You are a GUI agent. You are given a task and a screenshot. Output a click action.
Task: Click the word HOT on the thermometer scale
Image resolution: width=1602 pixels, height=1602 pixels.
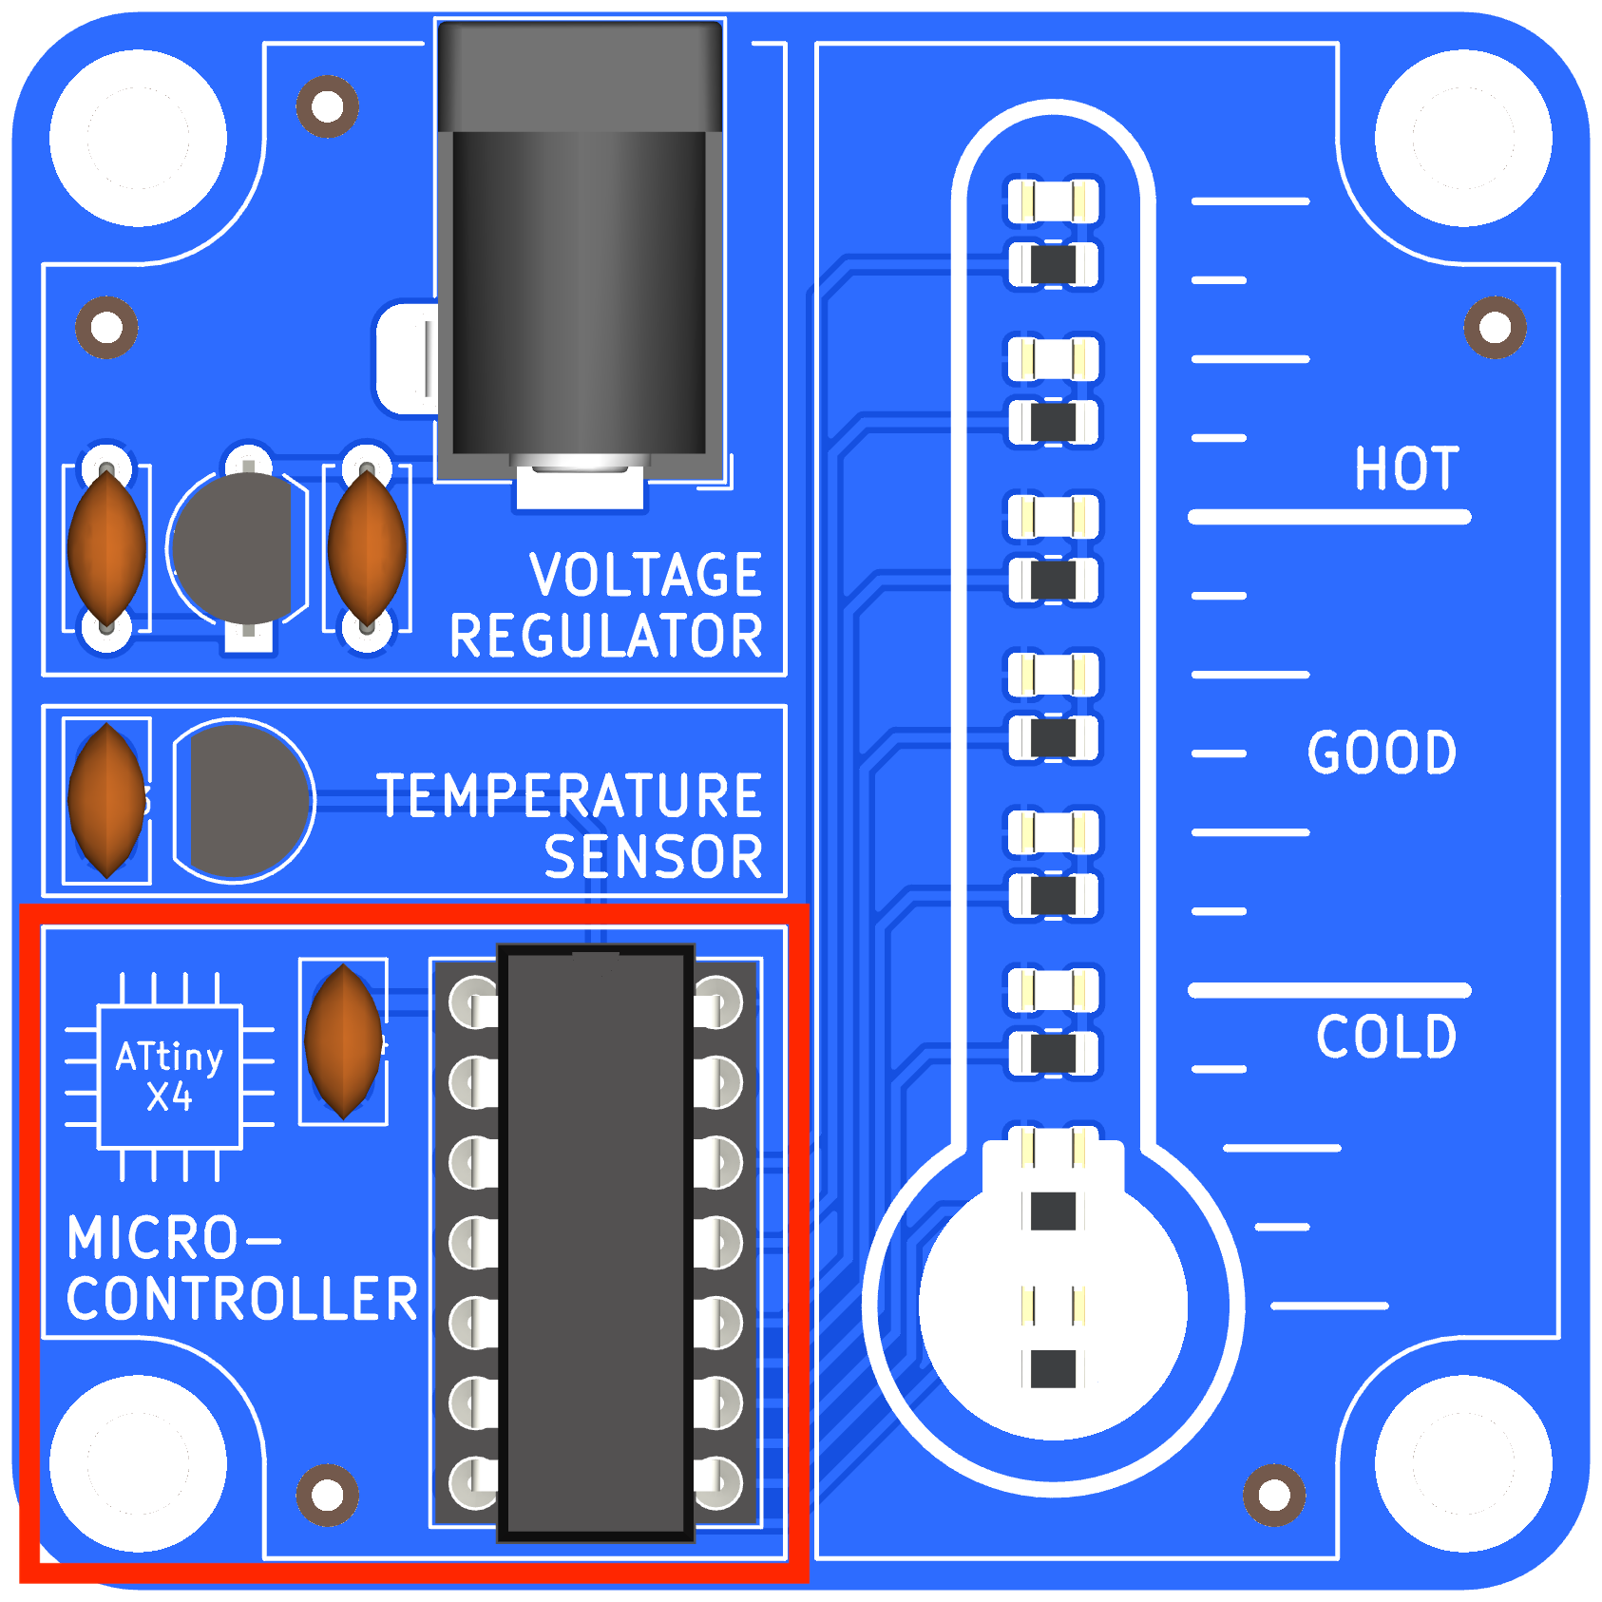tap(1405, 468)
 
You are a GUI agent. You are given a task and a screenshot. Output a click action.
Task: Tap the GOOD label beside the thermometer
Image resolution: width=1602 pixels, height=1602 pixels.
tap(1382, 753)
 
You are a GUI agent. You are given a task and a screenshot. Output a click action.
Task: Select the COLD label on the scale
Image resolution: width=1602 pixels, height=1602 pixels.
tap(1385, 1036)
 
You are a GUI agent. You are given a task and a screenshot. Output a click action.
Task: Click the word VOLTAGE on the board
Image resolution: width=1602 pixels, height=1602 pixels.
tap(645, 575)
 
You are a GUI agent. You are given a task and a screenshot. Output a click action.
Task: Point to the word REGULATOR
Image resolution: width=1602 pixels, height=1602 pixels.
tap(606, 636)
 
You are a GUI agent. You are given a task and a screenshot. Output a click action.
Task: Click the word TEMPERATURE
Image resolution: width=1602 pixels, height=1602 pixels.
tap(569, 795)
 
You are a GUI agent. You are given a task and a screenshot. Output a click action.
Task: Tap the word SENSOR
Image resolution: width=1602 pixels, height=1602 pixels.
tap(653, 857)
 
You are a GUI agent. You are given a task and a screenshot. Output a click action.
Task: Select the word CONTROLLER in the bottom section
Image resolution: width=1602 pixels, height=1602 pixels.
tap(242, 1299)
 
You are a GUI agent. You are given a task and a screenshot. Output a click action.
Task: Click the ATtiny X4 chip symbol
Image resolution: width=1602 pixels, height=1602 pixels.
tap(170, 1077)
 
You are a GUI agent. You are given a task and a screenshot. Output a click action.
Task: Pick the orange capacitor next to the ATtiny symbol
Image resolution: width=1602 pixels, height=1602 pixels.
tap(343, 1040)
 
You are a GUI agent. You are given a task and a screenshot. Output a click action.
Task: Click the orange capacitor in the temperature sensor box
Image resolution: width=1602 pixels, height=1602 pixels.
tap(107, 800)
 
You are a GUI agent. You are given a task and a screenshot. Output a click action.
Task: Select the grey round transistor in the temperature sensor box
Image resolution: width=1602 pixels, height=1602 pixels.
tap(243, 800)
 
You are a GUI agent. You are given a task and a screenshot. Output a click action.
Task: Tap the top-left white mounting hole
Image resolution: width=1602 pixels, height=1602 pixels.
tap(138, 139)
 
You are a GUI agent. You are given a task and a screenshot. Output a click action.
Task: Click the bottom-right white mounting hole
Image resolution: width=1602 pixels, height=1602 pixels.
tap(1463, 1463)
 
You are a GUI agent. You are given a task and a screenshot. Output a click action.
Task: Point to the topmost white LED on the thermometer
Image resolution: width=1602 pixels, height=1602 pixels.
tap(1053, 201)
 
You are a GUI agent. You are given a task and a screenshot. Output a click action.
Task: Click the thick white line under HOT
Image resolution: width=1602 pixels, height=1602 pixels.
tap(1328, 517)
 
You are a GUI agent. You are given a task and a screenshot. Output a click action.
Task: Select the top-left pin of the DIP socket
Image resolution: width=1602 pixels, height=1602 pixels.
tap(472, 1001)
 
